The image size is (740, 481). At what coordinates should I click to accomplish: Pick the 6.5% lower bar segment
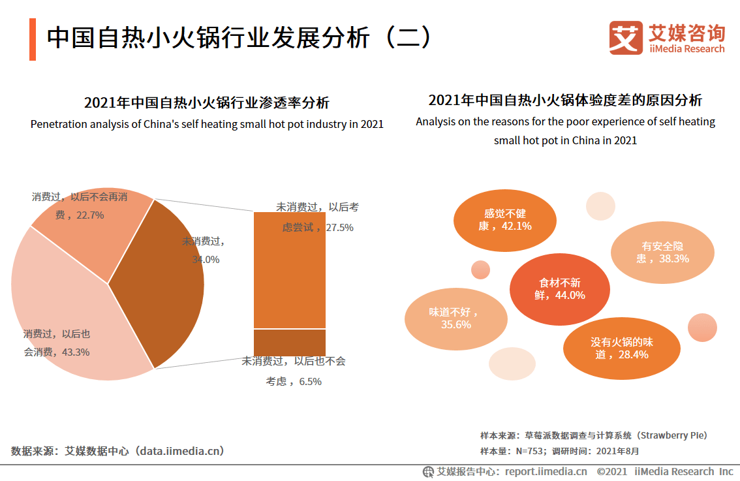coord(289,342)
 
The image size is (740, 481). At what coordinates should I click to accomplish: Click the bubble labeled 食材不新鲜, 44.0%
coord(559,289)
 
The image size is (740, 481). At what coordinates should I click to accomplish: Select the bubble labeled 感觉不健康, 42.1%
coord(504,220)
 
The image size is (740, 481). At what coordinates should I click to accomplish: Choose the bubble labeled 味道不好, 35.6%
coord(455,318)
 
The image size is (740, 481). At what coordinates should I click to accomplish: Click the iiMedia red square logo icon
coord(626,37)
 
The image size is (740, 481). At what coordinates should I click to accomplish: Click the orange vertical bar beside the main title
coord(33,39)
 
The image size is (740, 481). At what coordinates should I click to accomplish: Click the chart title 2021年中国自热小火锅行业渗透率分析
coord(207,102)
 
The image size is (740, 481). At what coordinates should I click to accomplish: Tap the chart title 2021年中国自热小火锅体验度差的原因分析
coord(565,100)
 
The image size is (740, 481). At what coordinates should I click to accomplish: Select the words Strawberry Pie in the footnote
coord(673,435)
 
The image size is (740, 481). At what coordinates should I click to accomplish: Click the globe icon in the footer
coord(428,472)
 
